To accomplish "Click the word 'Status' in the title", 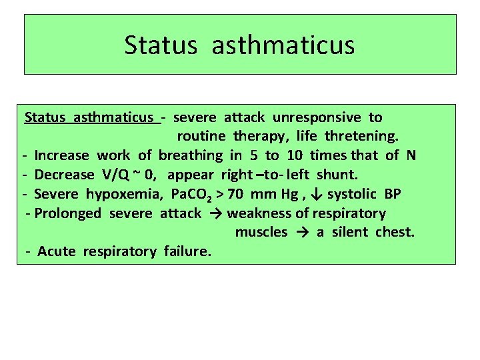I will click(160, 45).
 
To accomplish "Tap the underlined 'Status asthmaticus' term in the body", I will click(90, 117).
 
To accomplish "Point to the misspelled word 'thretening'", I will click(361, 137).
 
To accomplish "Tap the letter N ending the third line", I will click(411, 155).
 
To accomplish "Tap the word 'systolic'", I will click(353, 194).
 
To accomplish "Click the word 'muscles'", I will click(261, 232).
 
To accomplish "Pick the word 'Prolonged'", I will click(68, 213).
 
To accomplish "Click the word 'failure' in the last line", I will click(186, 251).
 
